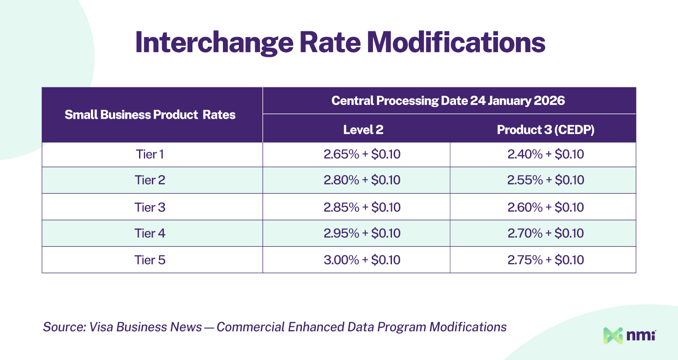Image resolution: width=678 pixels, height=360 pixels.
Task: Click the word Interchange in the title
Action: coord(214,43)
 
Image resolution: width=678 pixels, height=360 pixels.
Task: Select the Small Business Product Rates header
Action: coord(150,115)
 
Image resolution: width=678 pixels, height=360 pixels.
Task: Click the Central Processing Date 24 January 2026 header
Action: coord(448,101)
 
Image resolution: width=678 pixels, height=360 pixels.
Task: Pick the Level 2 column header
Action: coord(363,130)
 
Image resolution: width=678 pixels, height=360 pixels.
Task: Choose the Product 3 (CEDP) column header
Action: coord(546,130)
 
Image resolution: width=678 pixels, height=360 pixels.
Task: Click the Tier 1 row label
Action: coord(150,154)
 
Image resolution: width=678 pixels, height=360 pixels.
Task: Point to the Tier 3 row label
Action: coord(150,207)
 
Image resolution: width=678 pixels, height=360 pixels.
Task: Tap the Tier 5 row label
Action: coord(150,260)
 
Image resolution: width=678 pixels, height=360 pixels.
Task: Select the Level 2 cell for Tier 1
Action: coord(362,154)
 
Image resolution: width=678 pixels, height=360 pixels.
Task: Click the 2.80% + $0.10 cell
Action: coord(362,180)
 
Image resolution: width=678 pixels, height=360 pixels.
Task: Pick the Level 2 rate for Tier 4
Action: coord(362,233)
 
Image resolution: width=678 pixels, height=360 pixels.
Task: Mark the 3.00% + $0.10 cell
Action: coord(362,260)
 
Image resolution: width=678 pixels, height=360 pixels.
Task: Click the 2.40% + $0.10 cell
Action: coord(546,154)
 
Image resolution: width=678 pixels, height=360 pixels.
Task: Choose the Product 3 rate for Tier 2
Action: coord(546,180)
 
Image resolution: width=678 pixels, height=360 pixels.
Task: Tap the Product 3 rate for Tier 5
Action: coord(546,260)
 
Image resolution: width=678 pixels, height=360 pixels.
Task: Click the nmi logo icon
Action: coord(613,336)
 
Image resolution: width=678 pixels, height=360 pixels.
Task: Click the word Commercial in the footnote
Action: coord(251,327)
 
